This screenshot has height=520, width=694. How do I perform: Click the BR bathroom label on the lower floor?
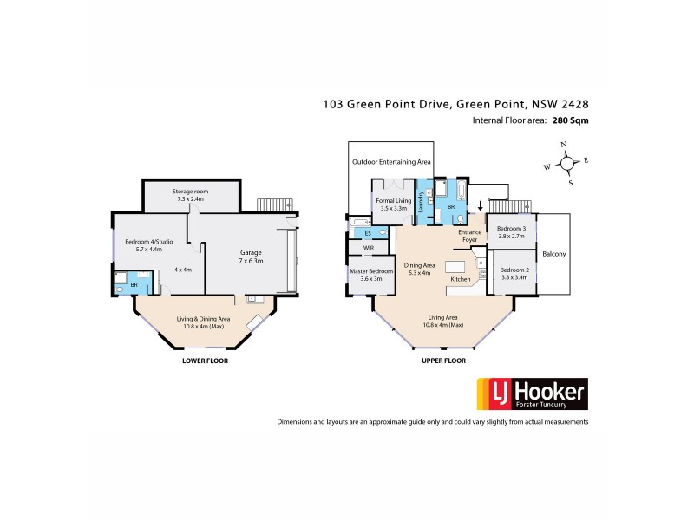134,283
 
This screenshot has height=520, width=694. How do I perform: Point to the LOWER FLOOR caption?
205,360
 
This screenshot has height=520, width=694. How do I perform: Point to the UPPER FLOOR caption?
443,360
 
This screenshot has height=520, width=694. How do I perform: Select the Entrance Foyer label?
468,237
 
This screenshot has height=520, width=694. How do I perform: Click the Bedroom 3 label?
511,231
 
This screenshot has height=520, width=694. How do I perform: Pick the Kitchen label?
459,280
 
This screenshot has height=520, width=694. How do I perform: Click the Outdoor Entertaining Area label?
390,162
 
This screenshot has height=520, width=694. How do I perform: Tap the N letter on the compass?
564,145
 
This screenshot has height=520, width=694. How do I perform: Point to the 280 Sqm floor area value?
572,121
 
